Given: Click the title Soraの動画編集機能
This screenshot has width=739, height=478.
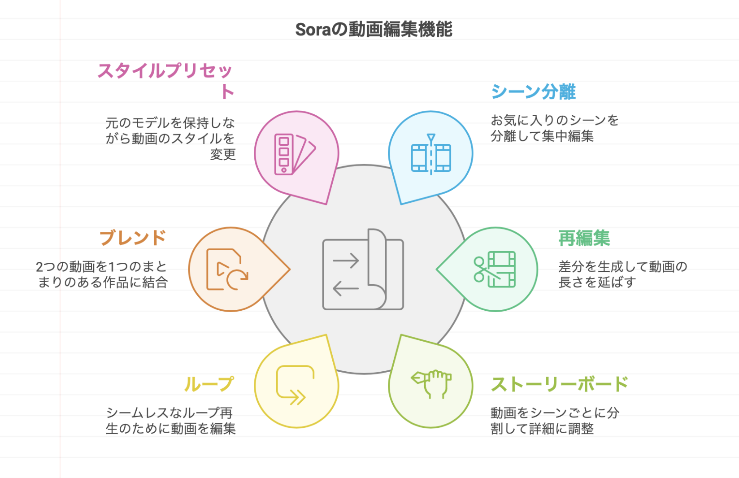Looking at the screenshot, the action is (374, 30).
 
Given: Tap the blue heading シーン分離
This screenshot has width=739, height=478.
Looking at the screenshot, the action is (533, 92).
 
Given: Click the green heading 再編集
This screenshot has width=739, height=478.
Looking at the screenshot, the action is (584, 238).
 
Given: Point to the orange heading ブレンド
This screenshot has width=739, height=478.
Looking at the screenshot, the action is (133, 238).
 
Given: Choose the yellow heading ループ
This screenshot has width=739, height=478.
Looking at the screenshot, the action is (209, 384).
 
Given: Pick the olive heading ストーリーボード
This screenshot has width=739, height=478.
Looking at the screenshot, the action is (559, 384).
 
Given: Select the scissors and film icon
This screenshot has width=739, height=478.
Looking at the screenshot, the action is (495, 269).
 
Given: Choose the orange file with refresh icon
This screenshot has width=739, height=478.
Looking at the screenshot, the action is (227, 269).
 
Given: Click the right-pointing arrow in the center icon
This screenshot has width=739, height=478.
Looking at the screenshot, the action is (345, 261).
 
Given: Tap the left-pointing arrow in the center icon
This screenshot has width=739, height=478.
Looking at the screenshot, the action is (345, 288).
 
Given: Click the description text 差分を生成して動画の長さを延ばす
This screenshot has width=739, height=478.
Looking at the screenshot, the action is (622, 274).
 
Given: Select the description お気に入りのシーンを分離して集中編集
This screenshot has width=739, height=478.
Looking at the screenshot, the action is (554, 128).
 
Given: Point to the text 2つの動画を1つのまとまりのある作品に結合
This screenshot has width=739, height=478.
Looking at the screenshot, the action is (102, 274).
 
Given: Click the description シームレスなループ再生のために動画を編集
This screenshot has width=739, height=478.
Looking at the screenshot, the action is (170, 421).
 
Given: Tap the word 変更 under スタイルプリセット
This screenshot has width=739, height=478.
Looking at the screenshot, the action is (223, 155).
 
